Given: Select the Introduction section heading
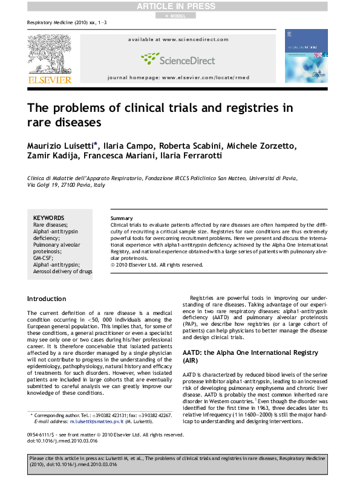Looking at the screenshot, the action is pyautogui.click(x=47, y=299).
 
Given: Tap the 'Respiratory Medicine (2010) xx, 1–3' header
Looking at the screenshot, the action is pyautogui.click(x=59, y=22).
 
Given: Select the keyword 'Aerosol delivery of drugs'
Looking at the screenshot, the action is pyautogui.click(x=63, y=271).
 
